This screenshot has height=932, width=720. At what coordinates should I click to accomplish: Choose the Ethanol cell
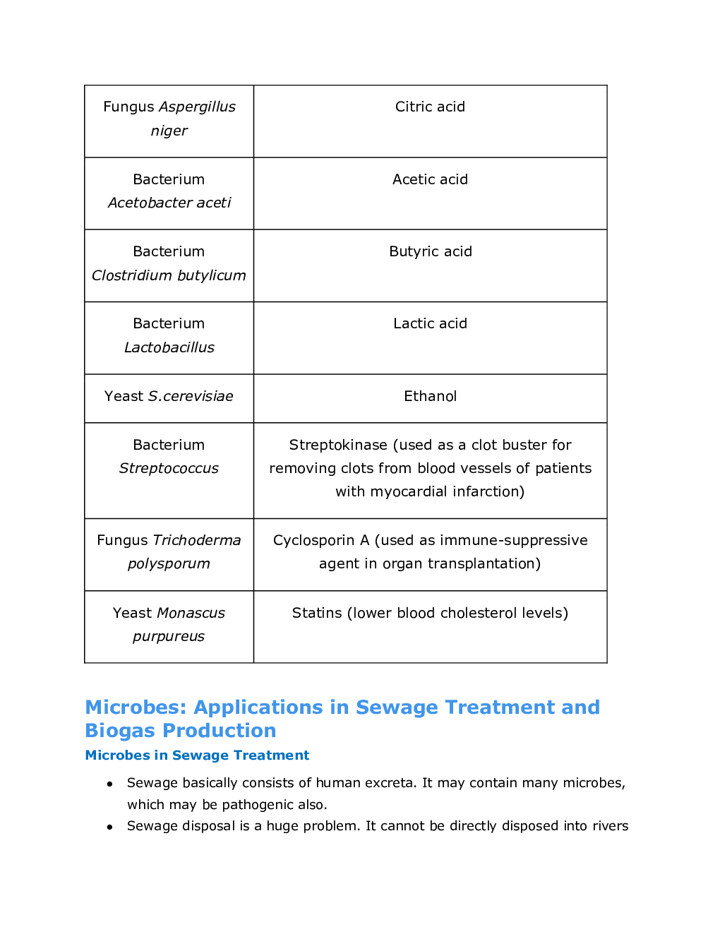[x=430, y=396]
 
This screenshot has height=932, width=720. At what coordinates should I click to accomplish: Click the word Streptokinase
[x=337, y=445]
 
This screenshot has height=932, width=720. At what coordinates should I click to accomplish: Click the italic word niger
[x=169, y=131]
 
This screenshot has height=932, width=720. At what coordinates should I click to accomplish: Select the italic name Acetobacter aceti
[x=169, y=203]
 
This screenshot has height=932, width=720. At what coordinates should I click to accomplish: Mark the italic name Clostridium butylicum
[x=169, y=275]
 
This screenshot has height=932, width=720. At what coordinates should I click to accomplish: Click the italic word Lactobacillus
[x=169, y=347]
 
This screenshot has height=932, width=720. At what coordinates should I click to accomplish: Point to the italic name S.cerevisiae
[x=191, y=396]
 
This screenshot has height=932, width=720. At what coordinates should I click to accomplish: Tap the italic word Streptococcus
[x=169, y=468]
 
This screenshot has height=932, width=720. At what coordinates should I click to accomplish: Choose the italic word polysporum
[x=169, y=563]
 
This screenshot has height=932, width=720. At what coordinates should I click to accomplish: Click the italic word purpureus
[x=169, y=636]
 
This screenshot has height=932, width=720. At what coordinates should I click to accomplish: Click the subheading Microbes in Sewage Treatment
[x=197, y=755]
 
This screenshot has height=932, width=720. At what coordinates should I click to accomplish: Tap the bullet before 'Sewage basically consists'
[x=109, y=784]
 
